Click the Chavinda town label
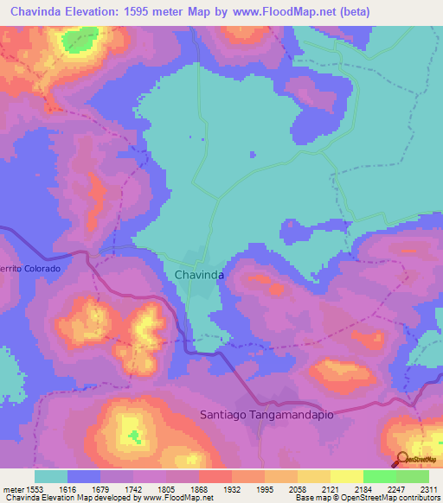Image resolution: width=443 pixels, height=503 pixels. [199, 274]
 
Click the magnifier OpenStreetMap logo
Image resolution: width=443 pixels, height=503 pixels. [401, 460]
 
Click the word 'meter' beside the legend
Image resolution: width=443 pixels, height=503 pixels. [13, 488]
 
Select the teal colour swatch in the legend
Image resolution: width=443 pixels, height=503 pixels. [50, 476]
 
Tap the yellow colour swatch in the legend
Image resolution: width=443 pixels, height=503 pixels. [346, 476]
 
